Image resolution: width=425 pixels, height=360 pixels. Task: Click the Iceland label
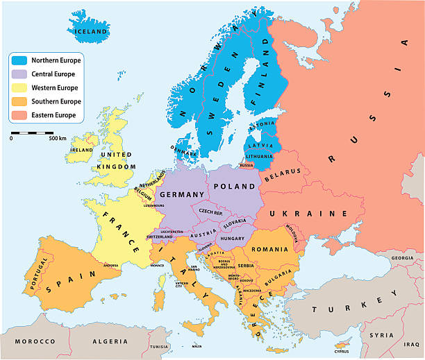click(91, 32)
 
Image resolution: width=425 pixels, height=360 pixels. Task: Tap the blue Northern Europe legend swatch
click(19, 60)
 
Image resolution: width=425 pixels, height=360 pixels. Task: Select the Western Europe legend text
click(56, 88)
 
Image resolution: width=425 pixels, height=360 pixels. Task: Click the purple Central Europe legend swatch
click(19, 74)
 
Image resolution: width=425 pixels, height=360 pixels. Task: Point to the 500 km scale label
click(58, 139)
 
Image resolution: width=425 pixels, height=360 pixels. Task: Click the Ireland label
click(81, 150)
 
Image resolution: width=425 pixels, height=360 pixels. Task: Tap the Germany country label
click(182, 194)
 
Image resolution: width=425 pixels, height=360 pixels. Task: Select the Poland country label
click(234, 187)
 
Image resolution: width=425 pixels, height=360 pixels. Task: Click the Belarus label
click(283, 171)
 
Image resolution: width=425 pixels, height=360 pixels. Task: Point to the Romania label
click(271, 248)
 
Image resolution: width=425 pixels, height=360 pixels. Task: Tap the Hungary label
click(231, 238)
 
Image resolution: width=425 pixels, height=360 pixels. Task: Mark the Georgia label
click(403, 258)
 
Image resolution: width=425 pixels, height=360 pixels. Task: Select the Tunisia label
click(160, 346)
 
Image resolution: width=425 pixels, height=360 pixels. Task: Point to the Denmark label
click(182, 148)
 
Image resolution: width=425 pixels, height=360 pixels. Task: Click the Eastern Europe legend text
click(56, 115)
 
